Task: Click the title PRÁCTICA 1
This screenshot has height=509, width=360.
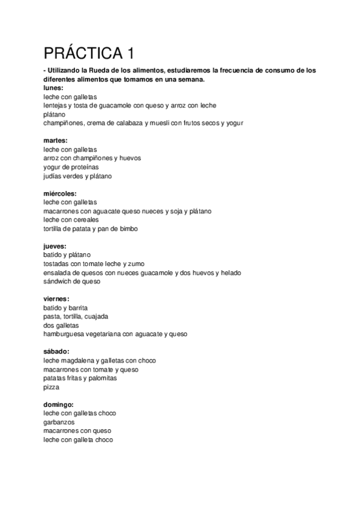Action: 88,53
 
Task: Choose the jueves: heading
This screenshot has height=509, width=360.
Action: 55,247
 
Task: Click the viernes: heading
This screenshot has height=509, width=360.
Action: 56,299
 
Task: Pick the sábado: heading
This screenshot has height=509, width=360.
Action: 56,352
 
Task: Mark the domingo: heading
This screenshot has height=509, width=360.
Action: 59,405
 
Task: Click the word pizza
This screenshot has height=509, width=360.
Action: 52,387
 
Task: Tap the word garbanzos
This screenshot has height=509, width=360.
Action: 59,422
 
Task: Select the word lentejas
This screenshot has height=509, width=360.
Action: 56,106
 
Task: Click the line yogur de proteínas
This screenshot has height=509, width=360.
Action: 71,167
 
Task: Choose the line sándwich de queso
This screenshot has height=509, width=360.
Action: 72,282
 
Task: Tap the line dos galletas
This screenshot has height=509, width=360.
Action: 61,325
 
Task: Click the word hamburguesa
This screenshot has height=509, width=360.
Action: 67,334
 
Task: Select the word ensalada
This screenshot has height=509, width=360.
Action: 58,273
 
